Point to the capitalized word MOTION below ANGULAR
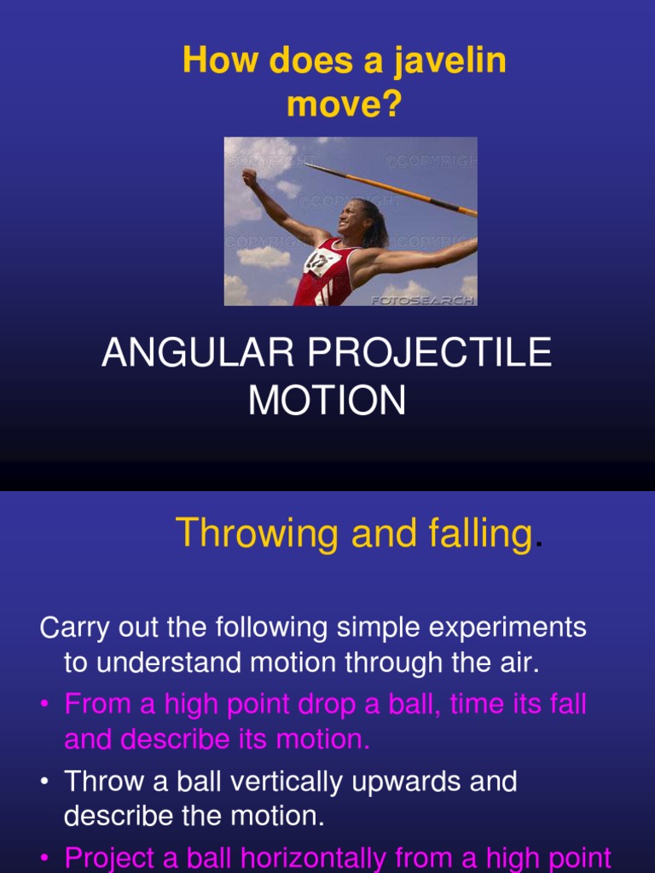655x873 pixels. [x=327, y=401]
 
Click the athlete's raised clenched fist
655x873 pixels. [x=248, y=177]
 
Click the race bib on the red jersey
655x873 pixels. [x=322, y=261]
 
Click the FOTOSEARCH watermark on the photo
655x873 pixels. [x=422, y=299]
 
